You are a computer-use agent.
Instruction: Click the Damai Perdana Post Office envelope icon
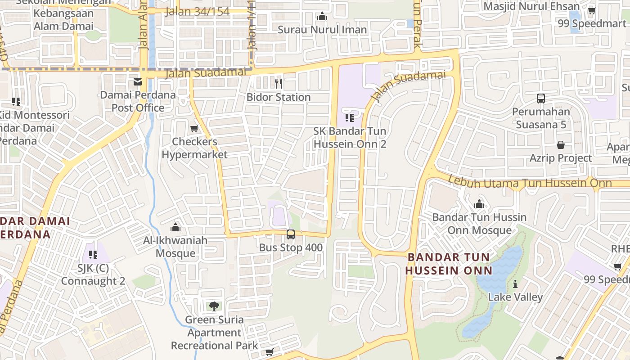tap(138, 82)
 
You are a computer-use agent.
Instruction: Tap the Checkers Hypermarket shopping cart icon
tap(194, 129)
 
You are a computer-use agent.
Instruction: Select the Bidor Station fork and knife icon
tap(279, 84)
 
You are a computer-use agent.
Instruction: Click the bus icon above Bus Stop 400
tap(291, 234)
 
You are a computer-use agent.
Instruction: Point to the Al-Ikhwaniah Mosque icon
tap(175, 227)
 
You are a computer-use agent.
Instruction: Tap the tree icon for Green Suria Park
tap(214, 306)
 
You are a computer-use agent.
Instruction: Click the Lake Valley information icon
tap(515, 284)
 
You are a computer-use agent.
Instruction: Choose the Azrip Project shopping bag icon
tap(561, 145)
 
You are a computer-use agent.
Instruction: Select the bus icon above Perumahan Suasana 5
tap(541, 98)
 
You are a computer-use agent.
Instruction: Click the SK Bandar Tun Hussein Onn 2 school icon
tap(350, 118)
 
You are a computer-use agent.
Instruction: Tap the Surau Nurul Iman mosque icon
tap(322, 17)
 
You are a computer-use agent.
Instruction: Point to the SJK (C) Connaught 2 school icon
tap(93, 255)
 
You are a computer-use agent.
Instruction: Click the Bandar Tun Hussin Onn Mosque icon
tap(479, 204)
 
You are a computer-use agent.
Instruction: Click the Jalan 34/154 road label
tap(197, 11)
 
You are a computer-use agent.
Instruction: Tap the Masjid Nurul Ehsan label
tap(531, 6)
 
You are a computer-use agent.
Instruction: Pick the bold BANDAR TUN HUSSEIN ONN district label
tap(449, 264)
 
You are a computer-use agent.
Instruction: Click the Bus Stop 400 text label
tap(291, 247)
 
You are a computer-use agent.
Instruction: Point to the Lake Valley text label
tap(515, 297)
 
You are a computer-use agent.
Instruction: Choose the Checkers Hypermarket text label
tap(194, 148)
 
